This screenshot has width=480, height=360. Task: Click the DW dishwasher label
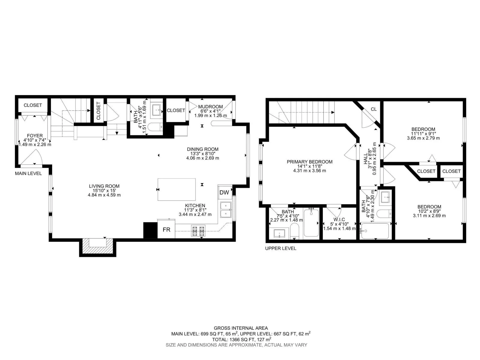pyautogui.click(x=224, y=192)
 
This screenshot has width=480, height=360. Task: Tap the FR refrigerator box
pyautogui.click(x=166, y=229)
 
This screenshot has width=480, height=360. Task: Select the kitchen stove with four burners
pyautogui.click(x=198, y=231)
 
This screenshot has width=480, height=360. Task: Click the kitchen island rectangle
pyautogui.click(x=177, y=189)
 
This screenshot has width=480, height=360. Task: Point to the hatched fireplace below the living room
pyautogui.click(x=97, y=246)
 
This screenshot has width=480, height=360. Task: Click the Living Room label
pyautogui.click(x=104, y=186)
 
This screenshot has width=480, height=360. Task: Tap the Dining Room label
pyautogui.click(x=202, y=149)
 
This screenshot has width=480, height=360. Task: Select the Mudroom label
pyautogui.click(x=210, y=107)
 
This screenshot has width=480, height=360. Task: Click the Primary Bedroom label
pyautogui.click(x=309, y=162)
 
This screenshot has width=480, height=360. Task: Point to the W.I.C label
pyautogui.click(x=339, y=220)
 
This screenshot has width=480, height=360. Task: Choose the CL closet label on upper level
pyautogui.click(x=374, y=109)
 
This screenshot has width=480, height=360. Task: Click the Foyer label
pyautogui.click(x=35, y=136)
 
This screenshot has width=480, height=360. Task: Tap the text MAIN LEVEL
pyautogui.click(x=28, y=174)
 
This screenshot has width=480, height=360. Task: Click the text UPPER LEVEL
pyautogui.click(x=280, y=248)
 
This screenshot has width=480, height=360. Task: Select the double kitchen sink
pyautogui.click(x=226, y=210)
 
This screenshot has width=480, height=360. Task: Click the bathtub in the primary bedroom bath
pyautogui.click(x=311, y=223)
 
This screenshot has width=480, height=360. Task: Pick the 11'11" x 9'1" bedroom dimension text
pyautogui.click(x=423, y=133)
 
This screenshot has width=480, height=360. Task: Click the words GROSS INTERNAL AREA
pyautogui.click(x=241, y=328)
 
